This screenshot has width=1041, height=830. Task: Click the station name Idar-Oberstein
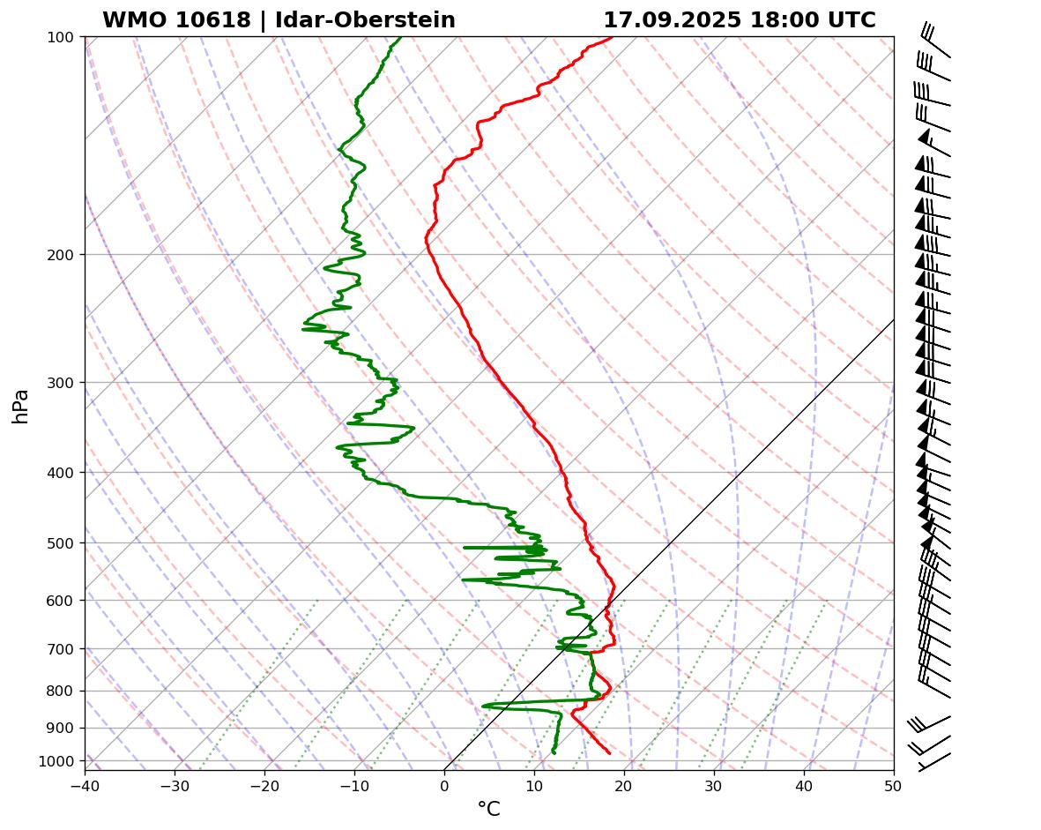point(365,20)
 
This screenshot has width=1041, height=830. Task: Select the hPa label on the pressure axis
point(21,406)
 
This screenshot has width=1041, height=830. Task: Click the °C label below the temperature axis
point(488,809)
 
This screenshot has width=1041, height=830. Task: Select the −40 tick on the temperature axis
point(85,783)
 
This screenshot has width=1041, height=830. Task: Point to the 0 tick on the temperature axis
point(444,783)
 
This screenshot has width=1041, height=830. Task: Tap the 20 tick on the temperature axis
point(624,783)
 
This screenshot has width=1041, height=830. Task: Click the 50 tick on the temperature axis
point(894,783)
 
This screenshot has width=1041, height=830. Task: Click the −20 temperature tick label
point(264,783)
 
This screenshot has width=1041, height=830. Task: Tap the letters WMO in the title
point(130,20)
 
